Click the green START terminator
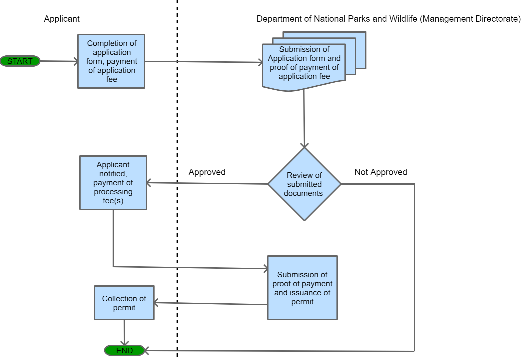[x=20, y=61]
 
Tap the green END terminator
[x=124, y=350]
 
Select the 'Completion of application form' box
[x=111, y=61]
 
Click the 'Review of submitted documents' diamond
[x=304, y=184]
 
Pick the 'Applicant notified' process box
[x=113, y=183]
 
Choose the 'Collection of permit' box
[x=124, y=303]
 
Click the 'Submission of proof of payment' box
[x=302, y=288]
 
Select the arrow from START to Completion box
[x=59, y=61]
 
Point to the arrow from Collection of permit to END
[x=124, y=332]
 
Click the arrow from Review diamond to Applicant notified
[x=207, y=183]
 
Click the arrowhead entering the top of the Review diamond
[x=304, y=145]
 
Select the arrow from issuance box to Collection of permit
[x=210, y=303]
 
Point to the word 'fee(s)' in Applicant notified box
[x=113, y=201]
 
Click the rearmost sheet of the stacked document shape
[x=361, y=50]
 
